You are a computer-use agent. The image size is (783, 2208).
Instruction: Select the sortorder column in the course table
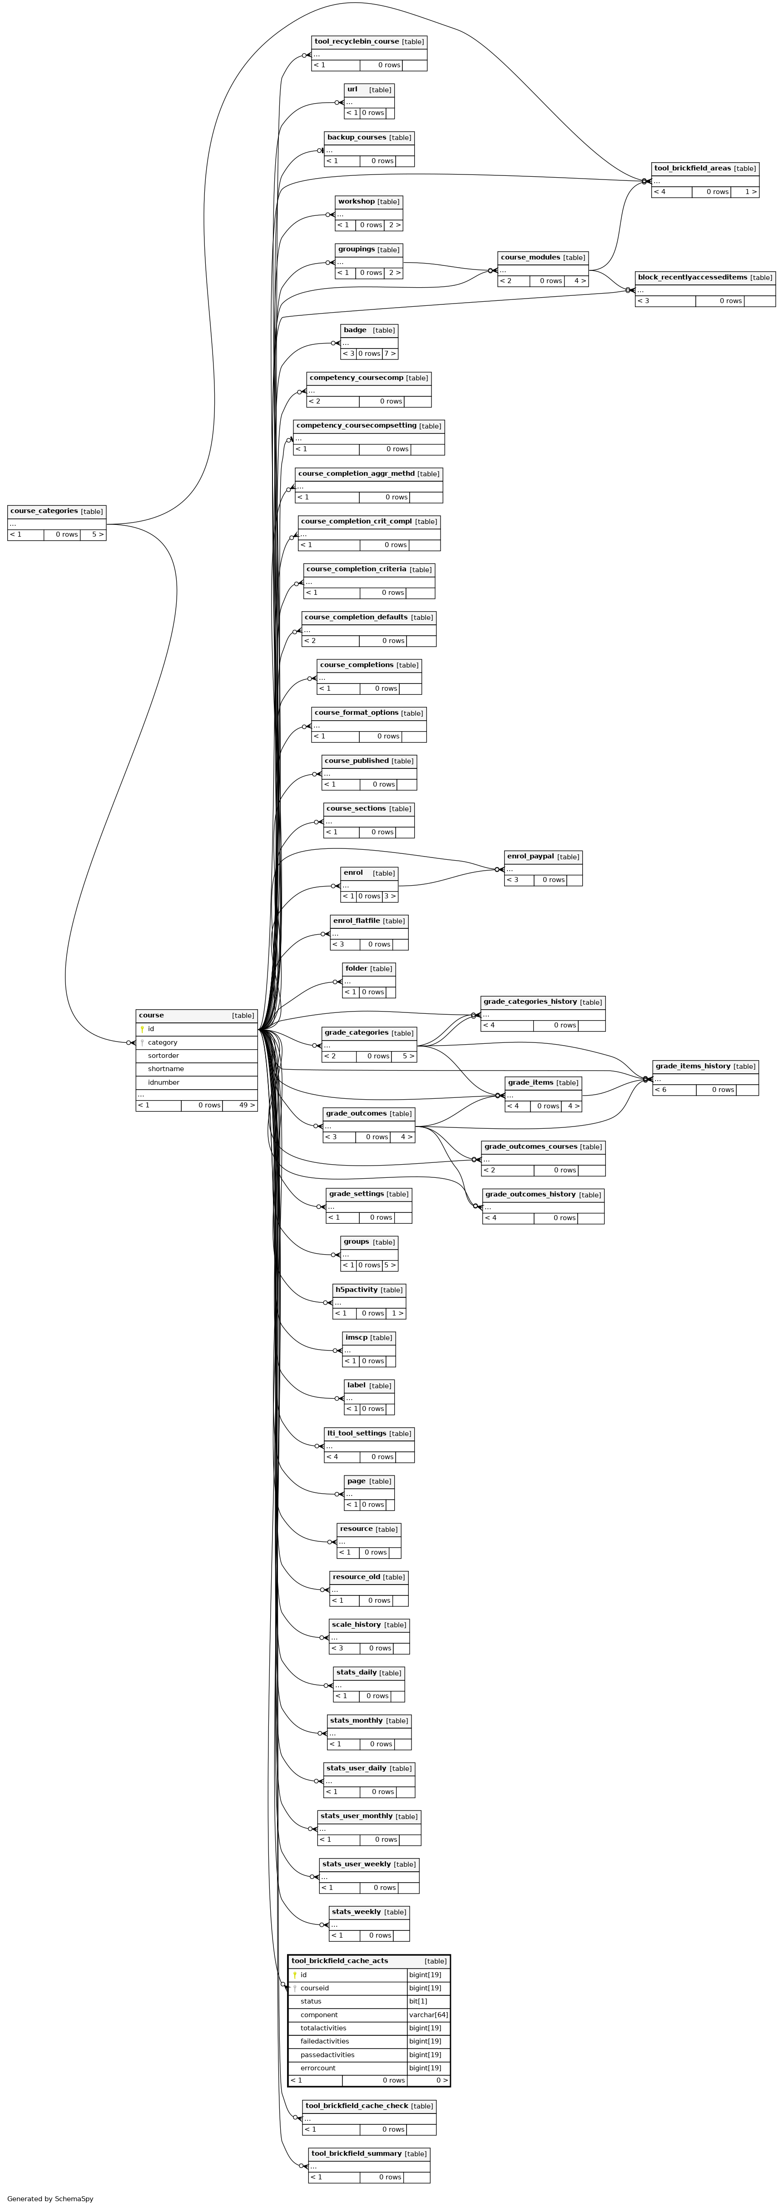[x=163, y=1055]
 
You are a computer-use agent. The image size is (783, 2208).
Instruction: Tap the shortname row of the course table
[x=165, y=1069]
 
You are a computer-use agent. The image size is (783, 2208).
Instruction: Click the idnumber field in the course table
[x=164, y=1082]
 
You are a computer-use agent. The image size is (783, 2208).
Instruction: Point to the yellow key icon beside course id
[x=142, y=1029]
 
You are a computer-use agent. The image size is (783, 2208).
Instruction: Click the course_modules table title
[x=530, y=257]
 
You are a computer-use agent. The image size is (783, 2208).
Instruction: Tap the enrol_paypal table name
[x=530, y=856]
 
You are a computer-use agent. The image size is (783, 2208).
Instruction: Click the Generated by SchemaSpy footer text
[x=50, y=2198]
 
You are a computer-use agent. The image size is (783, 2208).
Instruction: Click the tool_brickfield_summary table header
[x=357, y=2153]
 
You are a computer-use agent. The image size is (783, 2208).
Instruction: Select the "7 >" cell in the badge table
[x=390, y=353]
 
